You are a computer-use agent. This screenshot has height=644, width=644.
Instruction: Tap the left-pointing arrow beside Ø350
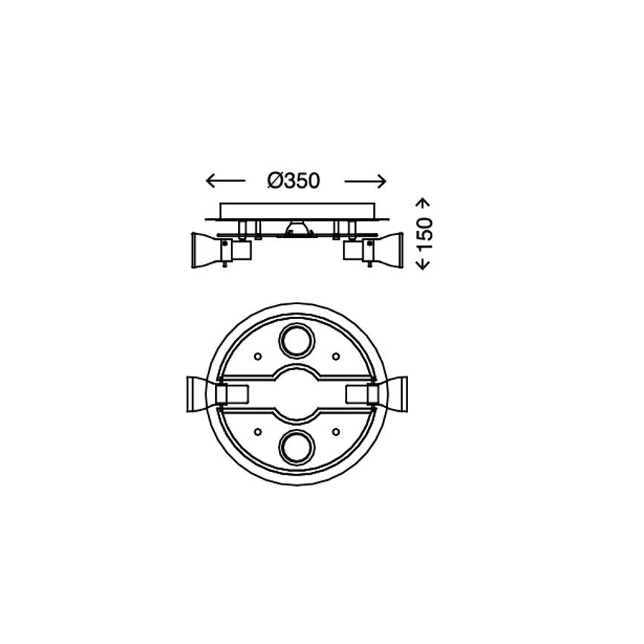pos(224,180)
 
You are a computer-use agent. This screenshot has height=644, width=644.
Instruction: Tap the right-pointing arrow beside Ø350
pos(367,180)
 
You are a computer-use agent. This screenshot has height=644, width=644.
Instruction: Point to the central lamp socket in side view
pos(295,229)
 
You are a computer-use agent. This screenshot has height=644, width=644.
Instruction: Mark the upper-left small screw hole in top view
pos(257,355)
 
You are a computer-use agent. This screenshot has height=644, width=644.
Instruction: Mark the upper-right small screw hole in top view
pos(335,355)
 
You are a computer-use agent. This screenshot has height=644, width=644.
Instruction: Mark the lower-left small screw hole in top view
pos(257,430)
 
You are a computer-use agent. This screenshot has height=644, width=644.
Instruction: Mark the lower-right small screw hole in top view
pos(335,430)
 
